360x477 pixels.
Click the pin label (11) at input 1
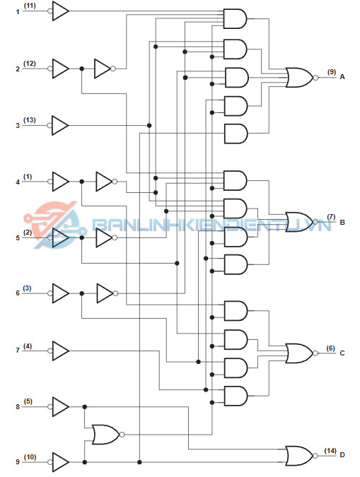point(30,6)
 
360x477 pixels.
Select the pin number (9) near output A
point(332,72)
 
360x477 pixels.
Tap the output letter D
point(342,455)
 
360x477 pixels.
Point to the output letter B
point(342,223)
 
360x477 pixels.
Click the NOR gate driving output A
point(301,78)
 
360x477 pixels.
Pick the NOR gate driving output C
point(301,353)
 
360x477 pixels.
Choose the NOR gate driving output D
point(301,456)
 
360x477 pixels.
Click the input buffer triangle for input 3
point(58,125)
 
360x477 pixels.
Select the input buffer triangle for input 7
point(59,351)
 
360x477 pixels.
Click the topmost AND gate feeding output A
point(235,19)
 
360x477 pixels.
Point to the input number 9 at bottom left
point(18,461)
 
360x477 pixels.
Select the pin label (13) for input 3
point(30,120)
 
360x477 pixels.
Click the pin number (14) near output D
point(330,451)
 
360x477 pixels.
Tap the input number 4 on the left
point(18,182)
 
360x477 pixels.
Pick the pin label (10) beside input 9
point(30,457)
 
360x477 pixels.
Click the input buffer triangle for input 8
point(59,407)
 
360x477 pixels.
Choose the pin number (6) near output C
point(331,348)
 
